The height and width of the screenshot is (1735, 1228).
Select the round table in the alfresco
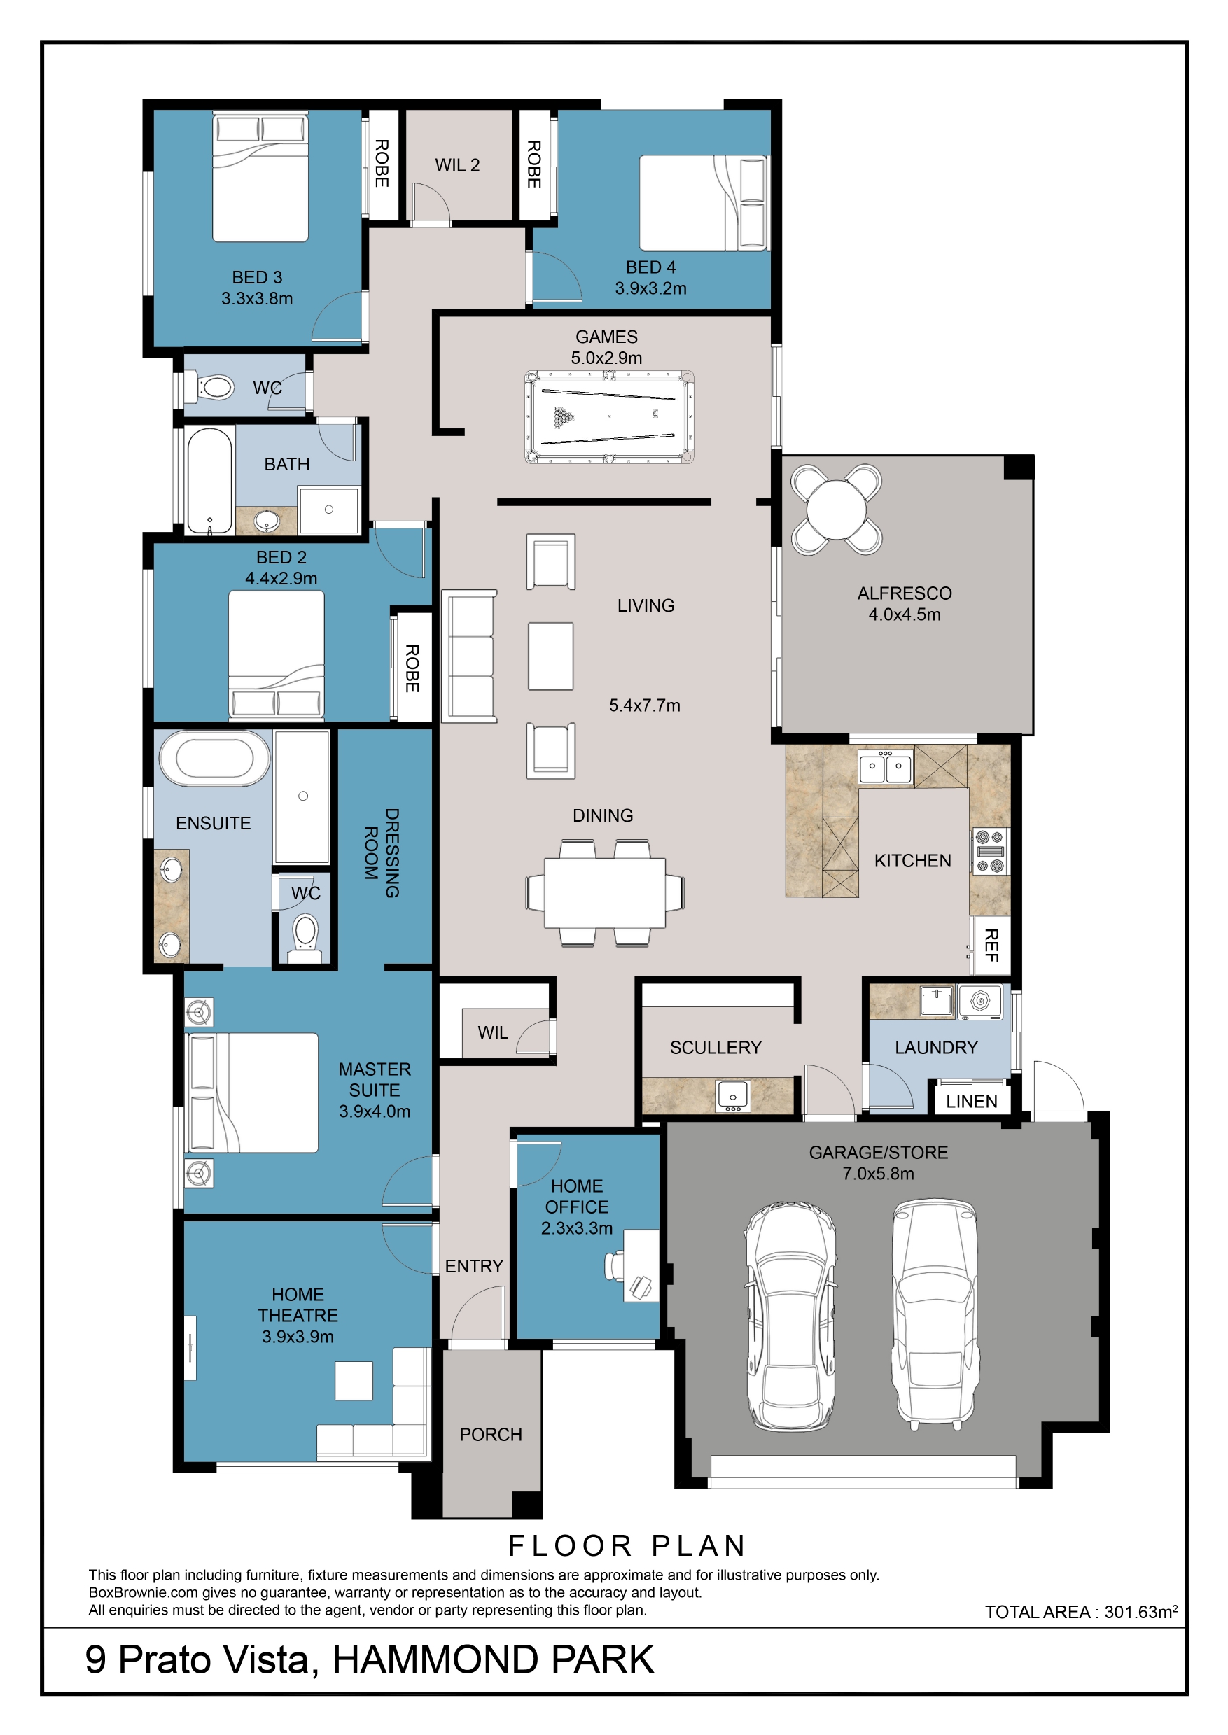(837, 509)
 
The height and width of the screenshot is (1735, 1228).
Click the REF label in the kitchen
(991, 945)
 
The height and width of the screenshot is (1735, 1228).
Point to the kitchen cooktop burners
(989, 851)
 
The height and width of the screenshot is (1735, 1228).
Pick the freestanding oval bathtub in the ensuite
(215, 758)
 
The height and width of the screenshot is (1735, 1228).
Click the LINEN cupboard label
(972, 1102)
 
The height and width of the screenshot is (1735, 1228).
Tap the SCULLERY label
(716, 1047)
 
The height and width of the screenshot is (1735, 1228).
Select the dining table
(605, 892)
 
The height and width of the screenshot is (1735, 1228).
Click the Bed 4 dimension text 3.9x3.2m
(650, 288)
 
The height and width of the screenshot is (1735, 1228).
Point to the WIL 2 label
(457, 164)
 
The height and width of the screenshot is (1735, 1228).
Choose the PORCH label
(491, 1434)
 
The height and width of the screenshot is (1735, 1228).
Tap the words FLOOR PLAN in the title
(627, 1546)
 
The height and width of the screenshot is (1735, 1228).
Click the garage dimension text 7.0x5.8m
(879, 1173)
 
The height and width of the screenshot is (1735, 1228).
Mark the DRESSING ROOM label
(382, 852)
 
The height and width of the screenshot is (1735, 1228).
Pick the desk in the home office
(641, 1265)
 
